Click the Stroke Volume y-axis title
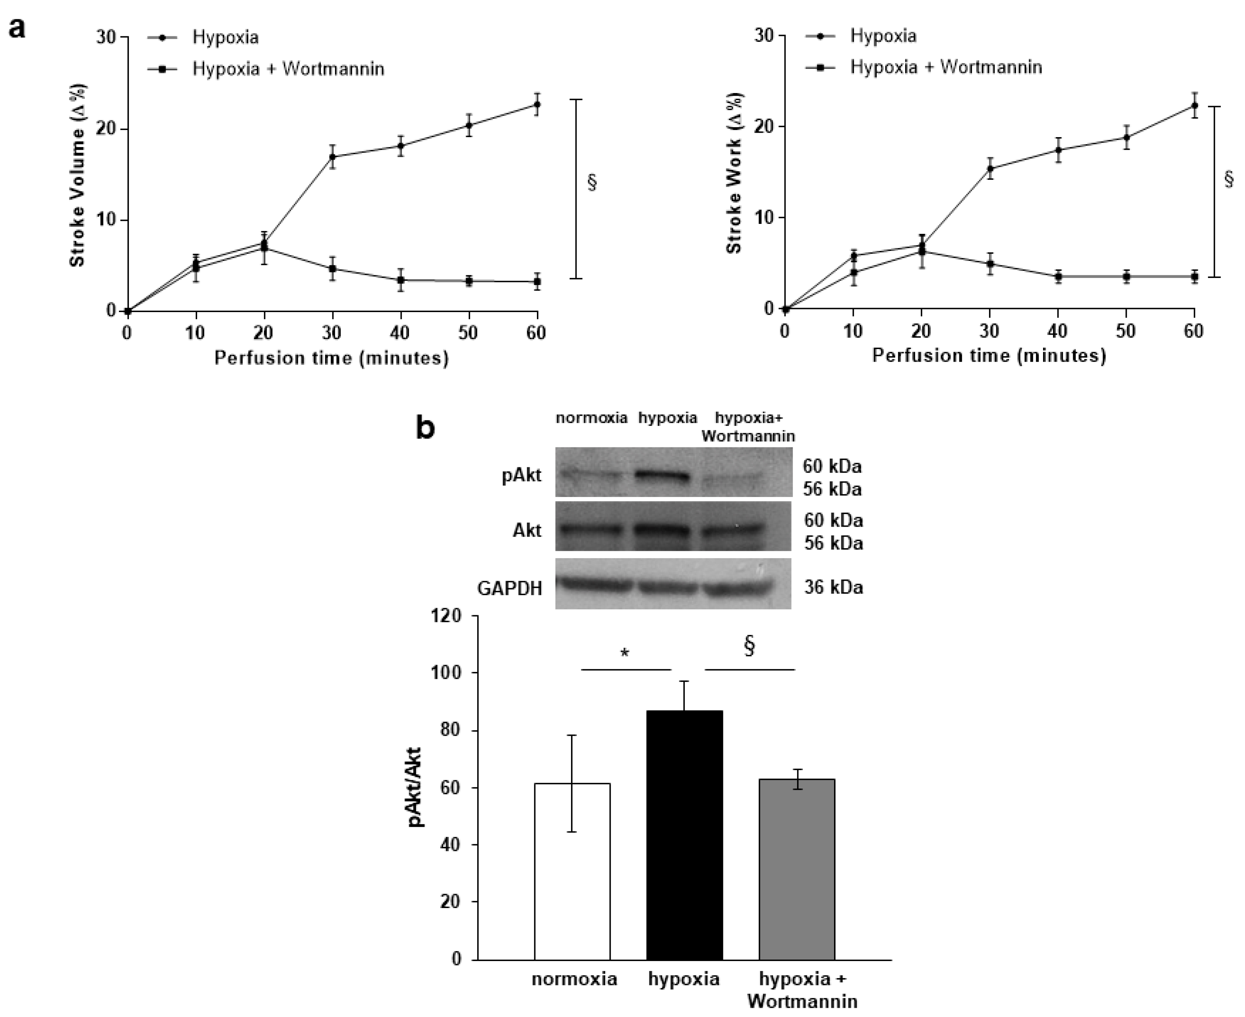(77, 175)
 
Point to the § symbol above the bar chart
(749, 646)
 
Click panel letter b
(426, 428)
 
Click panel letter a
(17, 27)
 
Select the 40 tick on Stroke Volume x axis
(400, 333)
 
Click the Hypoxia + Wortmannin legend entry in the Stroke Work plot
(945, 67)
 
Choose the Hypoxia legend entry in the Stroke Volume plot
(225, 37)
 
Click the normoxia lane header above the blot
(591, 418)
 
